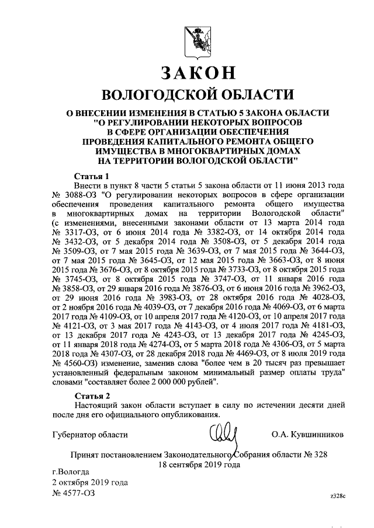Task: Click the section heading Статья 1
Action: coord(92,176)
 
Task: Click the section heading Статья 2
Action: coord(92,397)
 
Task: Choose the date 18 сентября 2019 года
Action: coord(199,465)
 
